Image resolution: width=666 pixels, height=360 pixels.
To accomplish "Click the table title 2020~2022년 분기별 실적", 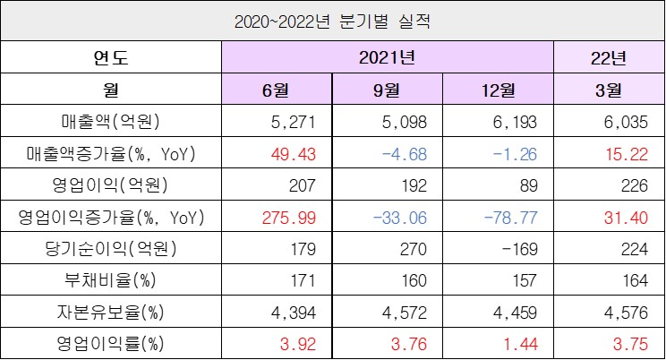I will pyautogui.click(x=332, y=21).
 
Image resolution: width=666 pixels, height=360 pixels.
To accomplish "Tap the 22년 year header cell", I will pyautogui.click(x=609, y=59).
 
